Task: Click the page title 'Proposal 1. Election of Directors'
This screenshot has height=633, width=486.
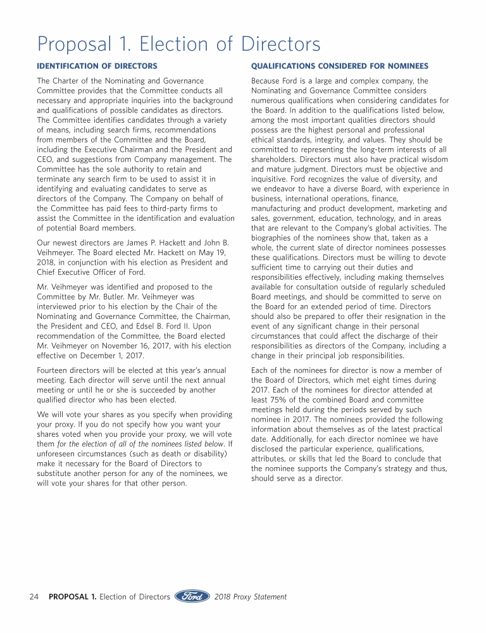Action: click(x=179, y=44)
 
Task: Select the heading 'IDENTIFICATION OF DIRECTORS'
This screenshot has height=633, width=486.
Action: click(x=97, y=66)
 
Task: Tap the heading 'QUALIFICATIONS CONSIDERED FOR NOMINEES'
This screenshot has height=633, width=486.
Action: click(x=340, y=66)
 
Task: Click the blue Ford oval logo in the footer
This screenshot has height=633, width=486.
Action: click(x=192, y=596)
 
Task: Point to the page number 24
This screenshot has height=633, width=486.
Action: click(x=35, y=596)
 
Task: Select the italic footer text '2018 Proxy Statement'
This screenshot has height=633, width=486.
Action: click(x=251, y=596)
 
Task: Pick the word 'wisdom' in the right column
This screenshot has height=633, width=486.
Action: click(x=433, y=159)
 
